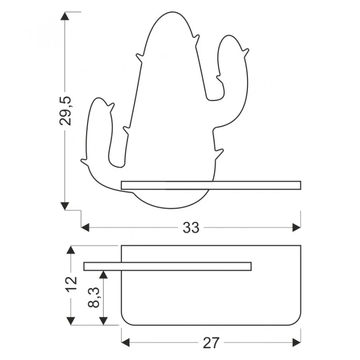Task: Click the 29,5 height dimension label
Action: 65,111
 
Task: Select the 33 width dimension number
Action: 191,228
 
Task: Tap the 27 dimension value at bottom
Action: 211,343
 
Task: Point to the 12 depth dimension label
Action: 72,285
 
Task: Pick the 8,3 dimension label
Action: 94,297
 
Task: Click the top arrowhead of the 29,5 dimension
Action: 65,16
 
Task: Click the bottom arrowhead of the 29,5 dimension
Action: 65,206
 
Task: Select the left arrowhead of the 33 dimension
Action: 85,228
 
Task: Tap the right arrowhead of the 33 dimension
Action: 297,228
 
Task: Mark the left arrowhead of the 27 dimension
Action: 126,342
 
